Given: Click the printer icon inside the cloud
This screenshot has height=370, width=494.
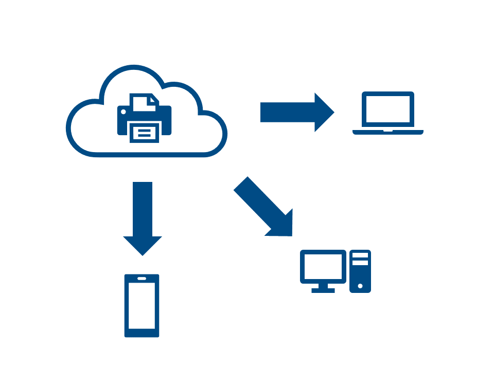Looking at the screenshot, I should [x=144, y=118].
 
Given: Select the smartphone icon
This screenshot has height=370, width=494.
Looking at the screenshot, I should [x=142, y=306].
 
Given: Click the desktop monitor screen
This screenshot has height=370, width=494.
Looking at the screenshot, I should [x=323, y=266].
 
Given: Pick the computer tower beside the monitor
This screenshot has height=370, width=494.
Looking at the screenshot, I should [x=360, y=271].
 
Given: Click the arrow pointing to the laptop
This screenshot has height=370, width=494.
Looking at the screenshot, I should [x=296, y=113].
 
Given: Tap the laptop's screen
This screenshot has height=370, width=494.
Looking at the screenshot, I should [x=388, y=109].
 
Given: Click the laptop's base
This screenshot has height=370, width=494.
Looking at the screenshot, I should [x=388, y=132].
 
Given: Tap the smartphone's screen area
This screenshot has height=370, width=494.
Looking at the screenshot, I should [x=142, y=307].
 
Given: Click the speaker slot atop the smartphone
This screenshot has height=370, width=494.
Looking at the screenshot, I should [x=142, y=279].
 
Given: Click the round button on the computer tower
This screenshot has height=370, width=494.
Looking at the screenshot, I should [x=360, y=286].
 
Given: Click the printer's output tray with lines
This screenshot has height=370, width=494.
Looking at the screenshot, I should [x=144, y=133].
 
